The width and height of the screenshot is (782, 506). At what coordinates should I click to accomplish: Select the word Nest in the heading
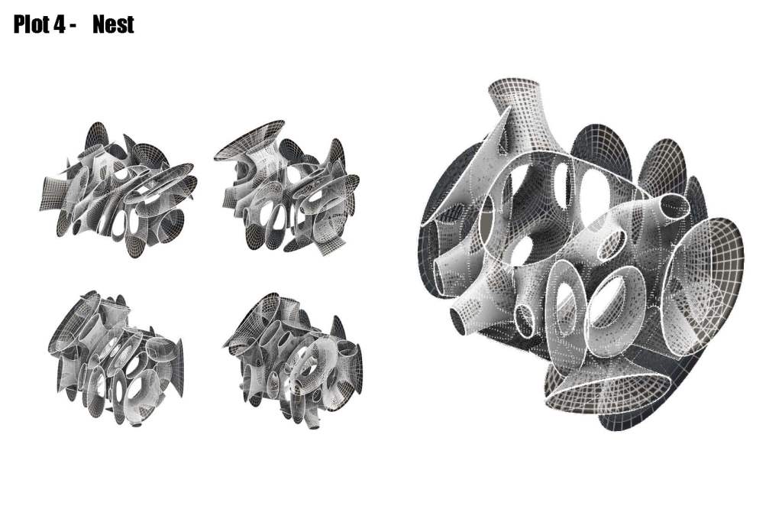(x=113, y=24)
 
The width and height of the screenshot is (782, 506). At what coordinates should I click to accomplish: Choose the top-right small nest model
(x=288, y=187)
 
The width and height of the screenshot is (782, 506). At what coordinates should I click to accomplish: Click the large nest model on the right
(x=581, y=255)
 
